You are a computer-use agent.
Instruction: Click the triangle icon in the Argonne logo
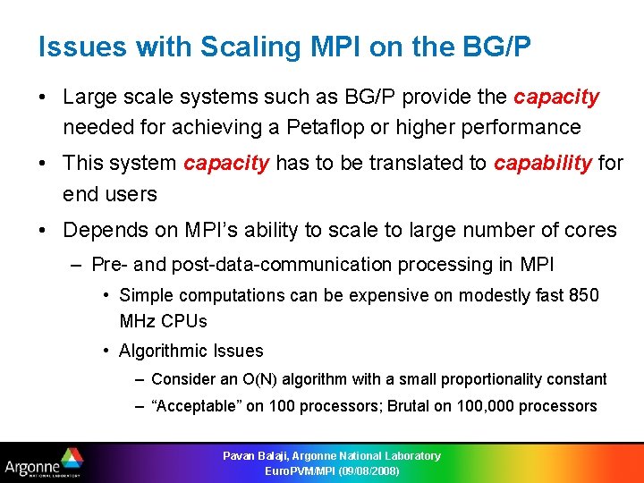click(x=72, y=460)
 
